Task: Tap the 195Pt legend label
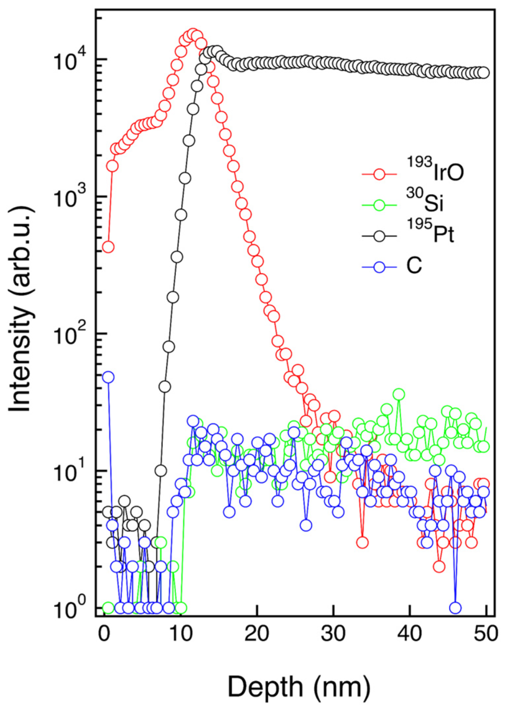click(x=431, y=232)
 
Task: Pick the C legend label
click(x=414, y=266)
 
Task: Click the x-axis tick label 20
click(x=257, y=634)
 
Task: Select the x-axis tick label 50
click(x=486, y=634)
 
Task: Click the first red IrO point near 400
click(x=108, y=247)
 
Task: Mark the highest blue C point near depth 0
click(x=108, y=377)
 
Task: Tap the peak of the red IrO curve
click(x=192, y=34)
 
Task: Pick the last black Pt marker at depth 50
click(x=484, y=73)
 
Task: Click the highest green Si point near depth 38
click(x=398, y=394)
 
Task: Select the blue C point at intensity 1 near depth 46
click(x=455, y=608)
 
